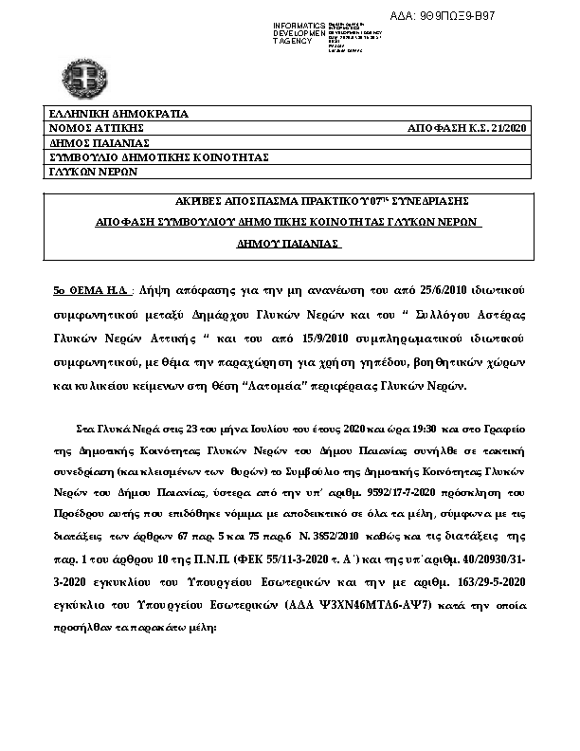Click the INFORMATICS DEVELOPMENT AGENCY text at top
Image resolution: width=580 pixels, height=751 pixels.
pos(299,32)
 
